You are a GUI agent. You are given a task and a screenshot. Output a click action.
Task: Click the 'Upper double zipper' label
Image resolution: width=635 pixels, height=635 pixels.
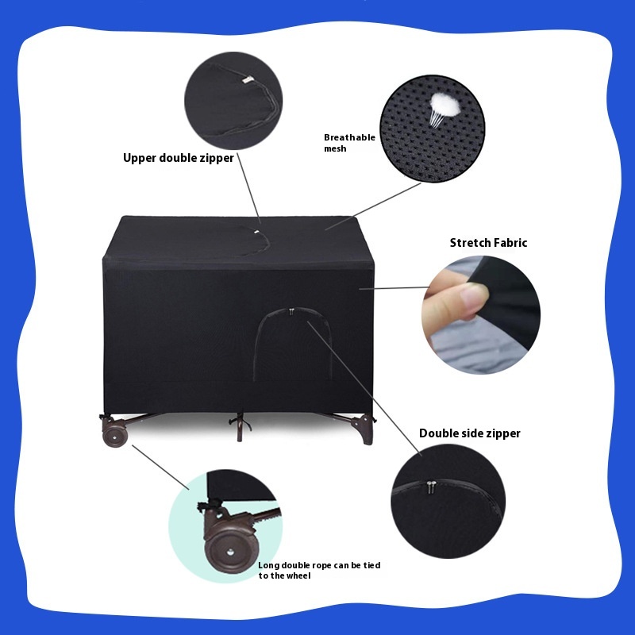point(178,158)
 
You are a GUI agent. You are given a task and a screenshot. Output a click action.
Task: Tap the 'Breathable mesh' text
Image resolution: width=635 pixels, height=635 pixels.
point(349,143)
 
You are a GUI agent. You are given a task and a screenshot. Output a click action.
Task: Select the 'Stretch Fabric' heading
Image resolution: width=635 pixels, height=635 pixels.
point(488,243)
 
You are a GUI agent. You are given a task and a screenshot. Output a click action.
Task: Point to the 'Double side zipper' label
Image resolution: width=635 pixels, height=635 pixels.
point(469,433)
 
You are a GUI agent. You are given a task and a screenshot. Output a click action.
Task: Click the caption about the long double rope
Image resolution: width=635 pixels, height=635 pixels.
point(319,570)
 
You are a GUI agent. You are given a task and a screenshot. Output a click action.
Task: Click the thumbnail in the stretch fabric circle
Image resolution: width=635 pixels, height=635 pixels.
point(473,298)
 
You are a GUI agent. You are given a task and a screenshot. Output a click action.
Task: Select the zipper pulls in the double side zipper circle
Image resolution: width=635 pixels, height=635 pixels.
point(431,487)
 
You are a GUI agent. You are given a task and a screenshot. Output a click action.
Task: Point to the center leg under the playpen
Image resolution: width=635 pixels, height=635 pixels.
point(240,427)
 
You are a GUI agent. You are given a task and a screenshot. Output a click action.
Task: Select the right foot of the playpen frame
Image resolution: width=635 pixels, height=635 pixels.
point(364,430)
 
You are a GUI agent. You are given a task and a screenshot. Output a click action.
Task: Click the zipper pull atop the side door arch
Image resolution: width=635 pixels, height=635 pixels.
point(291,311)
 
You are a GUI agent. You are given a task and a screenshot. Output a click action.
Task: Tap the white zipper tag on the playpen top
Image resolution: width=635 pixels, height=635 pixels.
point(256,232)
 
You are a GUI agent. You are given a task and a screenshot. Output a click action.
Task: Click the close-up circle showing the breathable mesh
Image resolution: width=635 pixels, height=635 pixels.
point(432,129)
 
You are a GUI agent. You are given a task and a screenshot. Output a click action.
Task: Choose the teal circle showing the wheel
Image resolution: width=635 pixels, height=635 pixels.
point(225,526)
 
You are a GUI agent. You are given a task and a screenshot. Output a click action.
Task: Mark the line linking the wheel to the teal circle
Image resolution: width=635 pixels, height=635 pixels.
point(160,468)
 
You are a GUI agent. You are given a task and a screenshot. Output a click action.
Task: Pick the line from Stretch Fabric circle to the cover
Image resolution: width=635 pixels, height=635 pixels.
point(394,288)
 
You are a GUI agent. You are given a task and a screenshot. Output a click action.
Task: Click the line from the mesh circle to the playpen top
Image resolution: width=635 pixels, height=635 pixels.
point(372,206)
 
